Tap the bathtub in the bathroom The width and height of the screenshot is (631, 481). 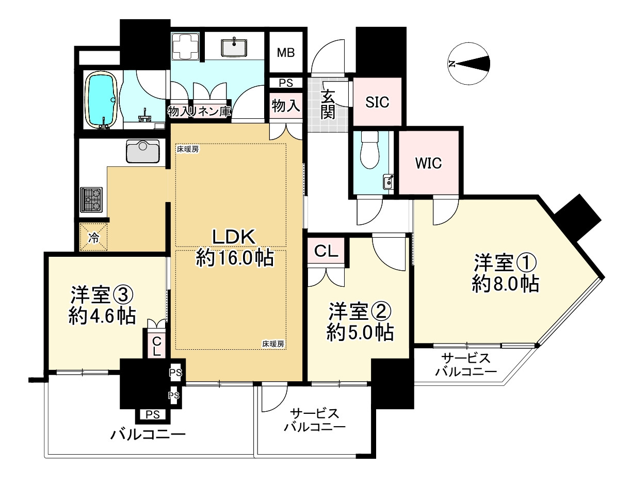102,100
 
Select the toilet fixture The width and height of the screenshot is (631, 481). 370,149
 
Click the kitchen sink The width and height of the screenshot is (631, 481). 142,151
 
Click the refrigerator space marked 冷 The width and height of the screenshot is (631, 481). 93,238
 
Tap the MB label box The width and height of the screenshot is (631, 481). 286,53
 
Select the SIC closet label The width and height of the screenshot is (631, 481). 377,102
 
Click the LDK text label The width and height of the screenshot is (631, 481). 234,237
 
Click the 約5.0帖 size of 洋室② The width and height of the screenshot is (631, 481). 360,332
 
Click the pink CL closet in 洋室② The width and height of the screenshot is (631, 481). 326,252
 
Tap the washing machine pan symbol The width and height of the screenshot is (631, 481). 185,48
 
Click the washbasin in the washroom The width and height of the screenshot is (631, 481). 236,48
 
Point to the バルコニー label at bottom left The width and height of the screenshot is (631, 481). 148,434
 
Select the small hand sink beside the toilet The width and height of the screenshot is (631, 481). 388,181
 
